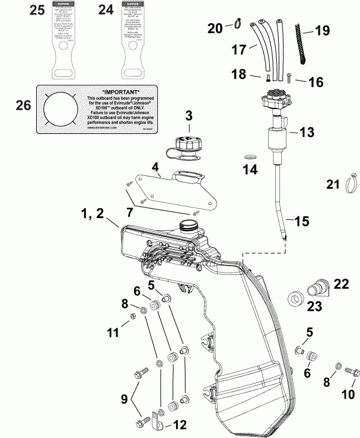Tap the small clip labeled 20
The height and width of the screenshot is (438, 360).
click(234, 25)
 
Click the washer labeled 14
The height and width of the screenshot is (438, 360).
click(250, 156)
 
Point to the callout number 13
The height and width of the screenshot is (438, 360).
click(307, 133)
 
